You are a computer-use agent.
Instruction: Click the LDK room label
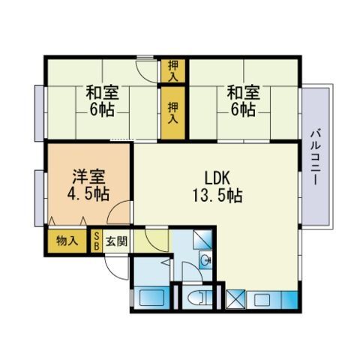point(217,178)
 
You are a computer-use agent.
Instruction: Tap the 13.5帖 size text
point(217,196)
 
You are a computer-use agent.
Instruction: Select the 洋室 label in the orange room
point(88,176)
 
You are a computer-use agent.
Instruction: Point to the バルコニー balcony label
point(316,157)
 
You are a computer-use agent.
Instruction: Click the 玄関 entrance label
point(116,241)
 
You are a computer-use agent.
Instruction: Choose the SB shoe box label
point(97,241)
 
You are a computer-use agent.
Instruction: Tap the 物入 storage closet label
point(67,241)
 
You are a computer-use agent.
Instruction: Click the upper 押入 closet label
point(173,70)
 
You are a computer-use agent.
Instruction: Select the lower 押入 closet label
point(173,112)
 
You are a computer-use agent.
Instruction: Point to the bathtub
point(151,298)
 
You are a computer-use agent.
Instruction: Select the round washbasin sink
point(205,260)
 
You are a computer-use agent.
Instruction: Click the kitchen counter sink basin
point(262,299)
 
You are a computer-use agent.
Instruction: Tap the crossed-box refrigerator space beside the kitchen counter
point(235,298)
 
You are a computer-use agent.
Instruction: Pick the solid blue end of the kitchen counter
point(290,299)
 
